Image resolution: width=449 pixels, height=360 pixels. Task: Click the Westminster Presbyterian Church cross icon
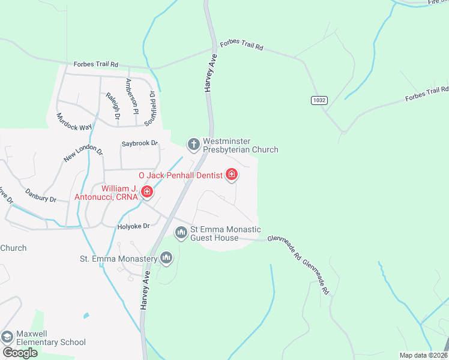(193, 144)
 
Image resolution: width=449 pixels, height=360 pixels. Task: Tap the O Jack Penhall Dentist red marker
(232, 175)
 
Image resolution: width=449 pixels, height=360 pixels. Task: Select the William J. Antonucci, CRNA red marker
(146, 192)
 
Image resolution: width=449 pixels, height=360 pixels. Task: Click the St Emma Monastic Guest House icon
(181, 232)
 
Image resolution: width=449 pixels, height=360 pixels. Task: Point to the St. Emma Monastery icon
(166, 259)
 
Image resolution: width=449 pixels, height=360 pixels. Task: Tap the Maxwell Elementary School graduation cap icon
(8, 337)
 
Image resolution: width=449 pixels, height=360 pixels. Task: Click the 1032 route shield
(319, 100)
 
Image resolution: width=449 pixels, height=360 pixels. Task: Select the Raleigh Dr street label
(112, 104)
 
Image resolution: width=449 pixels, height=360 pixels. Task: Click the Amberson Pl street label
(131, 96)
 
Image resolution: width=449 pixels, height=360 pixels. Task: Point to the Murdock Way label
(74, 122)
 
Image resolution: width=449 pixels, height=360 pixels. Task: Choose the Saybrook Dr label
(139, 143)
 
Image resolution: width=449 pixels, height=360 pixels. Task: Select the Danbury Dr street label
(40, 195)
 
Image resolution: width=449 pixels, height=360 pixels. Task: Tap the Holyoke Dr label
(132, 226)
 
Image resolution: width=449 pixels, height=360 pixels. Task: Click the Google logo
(20, 352)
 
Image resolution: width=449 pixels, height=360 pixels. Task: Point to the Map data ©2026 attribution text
(424, 355)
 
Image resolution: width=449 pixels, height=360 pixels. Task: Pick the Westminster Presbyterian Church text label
(240, 145)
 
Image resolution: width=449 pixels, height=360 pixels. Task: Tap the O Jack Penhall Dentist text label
(181, 175)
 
